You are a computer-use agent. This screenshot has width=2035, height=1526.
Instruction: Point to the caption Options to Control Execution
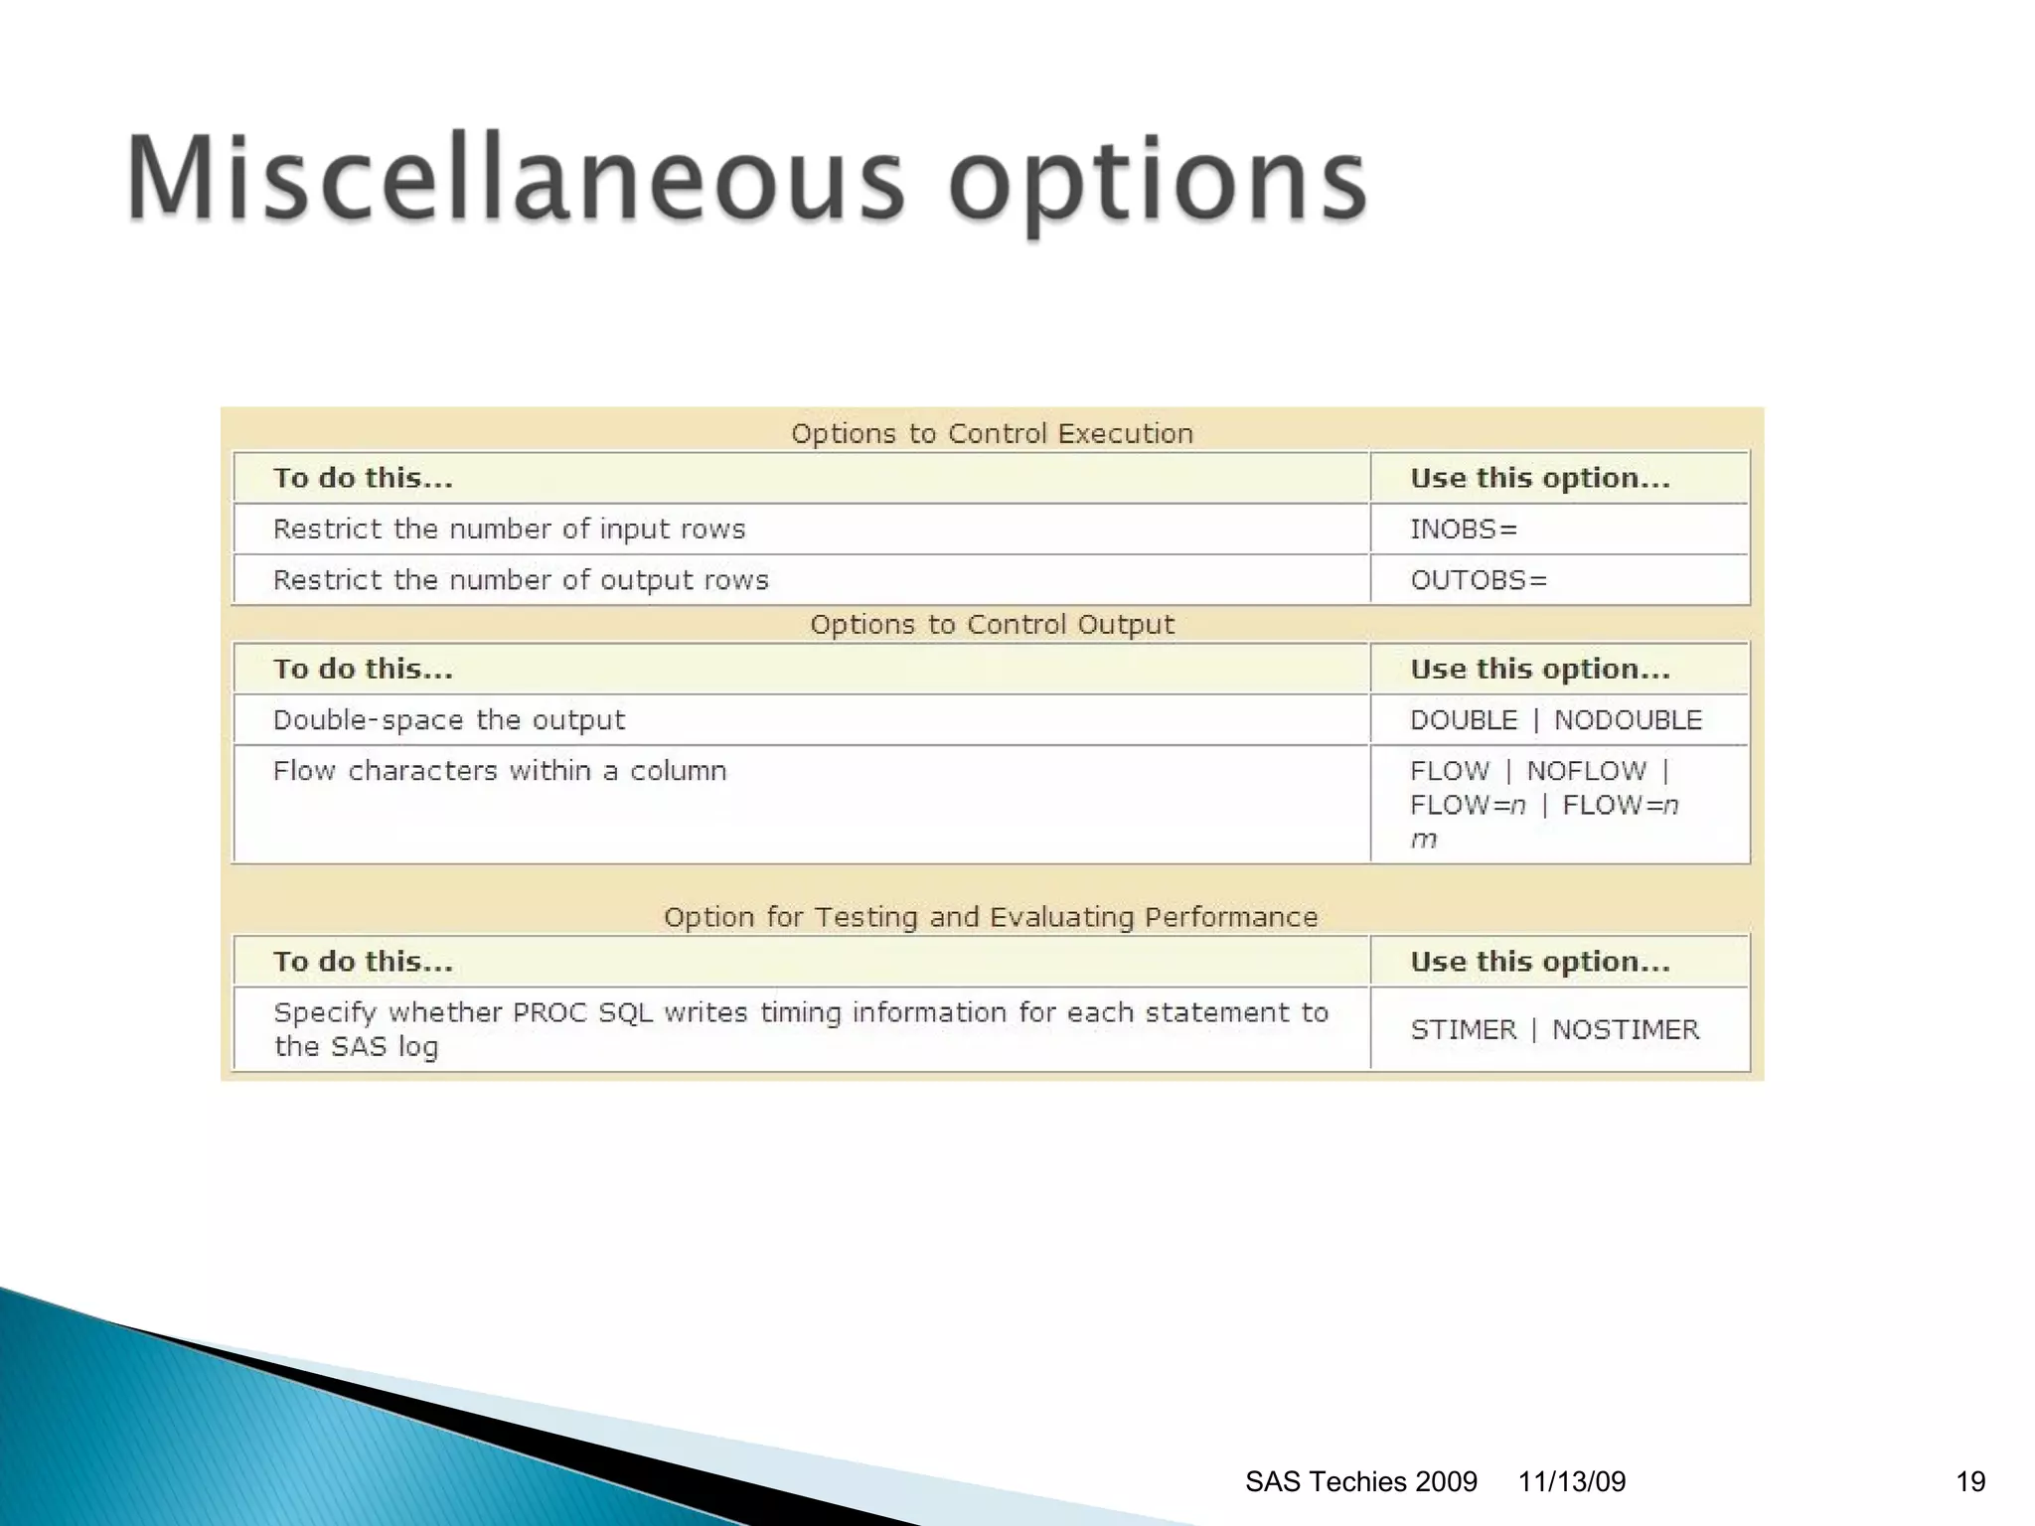[992, 433]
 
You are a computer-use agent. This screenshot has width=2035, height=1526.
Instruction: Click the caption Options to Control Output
[992, 624]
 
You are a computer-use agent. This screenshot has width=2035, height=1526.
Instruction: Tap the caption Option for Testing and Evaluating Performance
[991, 916]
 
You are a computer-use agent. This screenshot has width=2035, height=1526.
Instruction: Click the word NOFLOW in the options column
[1586, 771]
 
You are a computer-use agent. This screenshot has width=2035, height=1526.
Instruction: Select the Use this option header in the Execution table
[1539, 478]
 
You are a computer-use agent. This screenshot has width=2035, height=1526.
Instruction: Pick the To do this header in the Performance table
[363, 961]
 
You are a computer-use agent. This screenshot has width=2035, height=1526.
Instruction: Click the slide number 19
[1970, 1481]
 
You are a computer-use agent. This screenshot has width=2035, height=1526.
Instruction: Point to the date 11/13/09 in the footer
[1571, 1481]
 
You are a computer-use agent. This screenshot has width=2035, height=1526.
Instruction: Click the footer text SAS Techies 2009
[1360, 1481]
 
